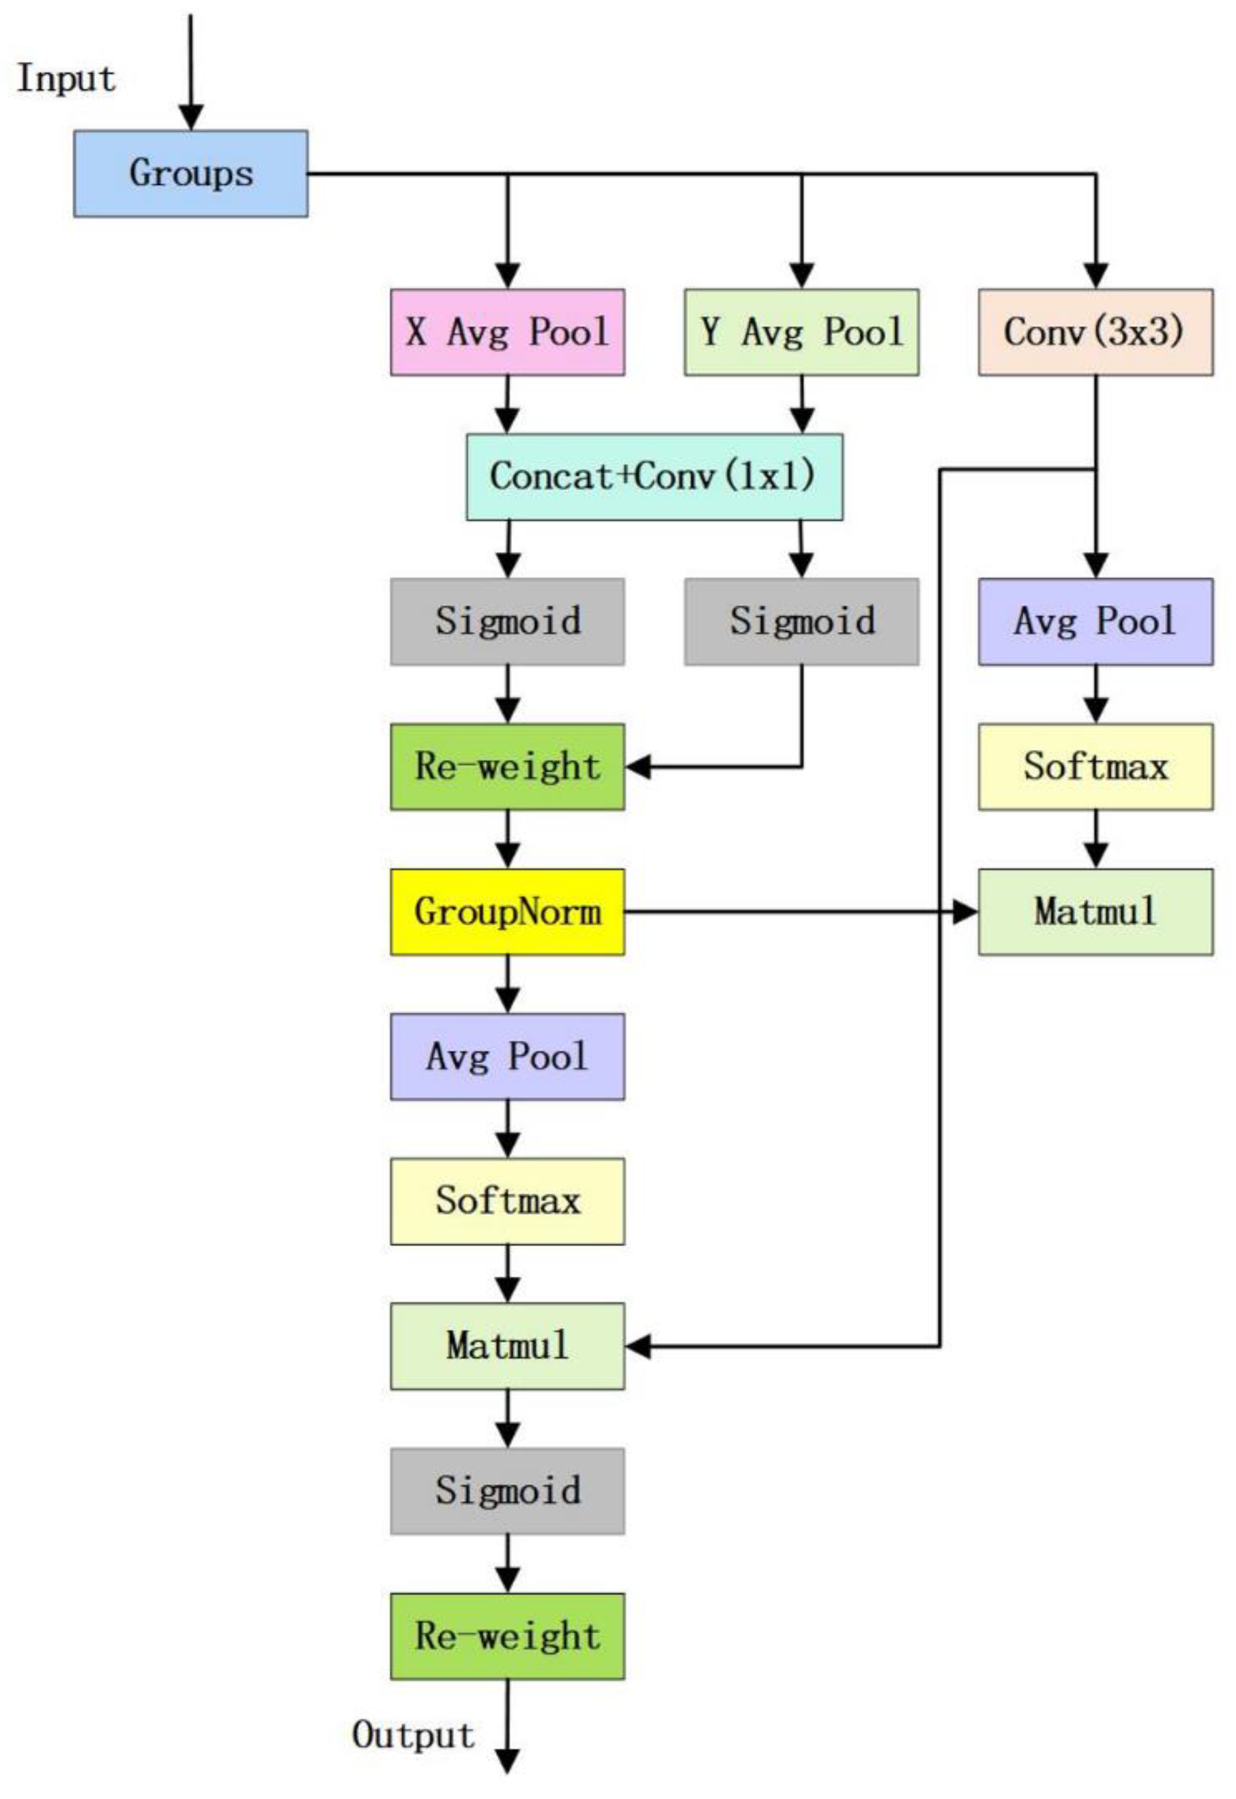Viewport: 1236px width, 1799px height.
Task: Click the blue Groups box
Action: point(190,173)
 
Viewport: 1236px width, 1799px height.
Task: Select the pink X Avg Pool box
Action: point(507,332)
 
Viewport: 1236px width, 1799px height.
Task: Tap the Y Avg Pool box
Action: point(801,332)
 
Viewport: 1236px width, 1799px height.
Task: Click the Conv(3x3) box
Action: point(1095,332)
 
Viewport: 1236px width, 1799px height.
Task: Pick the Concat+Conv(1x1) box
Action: point(655,476)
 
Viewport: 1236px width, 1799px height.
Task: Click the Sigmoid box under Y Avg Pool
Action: point(801,621)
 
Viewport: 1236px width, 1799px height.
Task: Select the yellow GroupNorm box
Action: point(507,912)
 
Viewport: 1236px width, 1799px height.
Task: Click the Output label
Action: point(414,1736)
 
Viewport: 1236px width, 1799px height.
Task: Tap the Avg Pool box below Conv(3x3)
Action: point(1095,621)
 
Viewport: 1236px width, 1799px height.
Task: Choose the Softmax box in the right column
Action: point(1095,766)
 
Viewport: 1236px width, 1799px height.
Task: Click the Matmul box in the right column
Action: point(1095,912)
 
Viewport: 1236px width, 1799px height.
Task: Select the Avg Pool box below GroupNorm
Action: point(507,1056)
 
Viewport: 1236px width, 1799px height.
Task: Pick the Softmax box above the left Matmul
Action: point(507,1201)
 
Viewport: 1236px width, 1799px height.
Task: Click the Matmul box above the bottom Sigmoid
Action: point(507,1346)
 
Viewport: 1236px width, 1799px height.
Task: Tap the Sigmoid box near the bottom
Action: point(507,1491)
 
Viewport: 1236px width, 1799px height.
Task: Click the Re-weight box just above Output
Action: point(507,1636)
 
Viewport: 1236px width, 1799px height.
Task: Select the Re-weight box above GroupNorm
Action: point(507,766)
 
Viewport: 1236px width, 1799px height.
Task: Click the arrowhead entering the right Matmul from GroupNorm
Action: point(966,912)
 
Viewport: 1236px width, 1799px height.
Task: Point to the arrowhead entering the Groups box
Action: point(190,117)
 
